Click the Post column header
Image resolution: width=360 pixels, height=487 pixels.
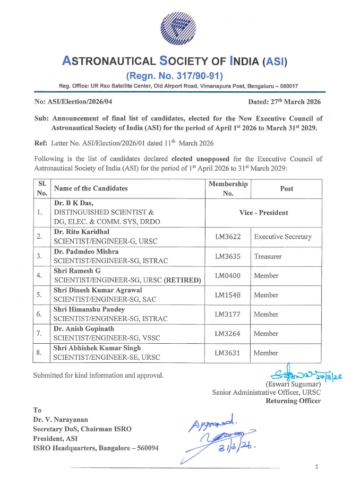point(287,188)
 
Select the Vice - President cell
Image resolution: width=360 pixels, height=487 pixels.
point(263,213)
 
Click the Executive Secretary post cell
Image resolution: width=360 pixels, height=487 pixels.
point(282,237)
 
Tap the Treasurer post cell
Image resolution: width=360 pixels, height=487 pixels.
point(268,256)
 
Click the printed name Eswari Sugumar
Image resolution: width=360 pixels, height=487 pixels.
point(293,384)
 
